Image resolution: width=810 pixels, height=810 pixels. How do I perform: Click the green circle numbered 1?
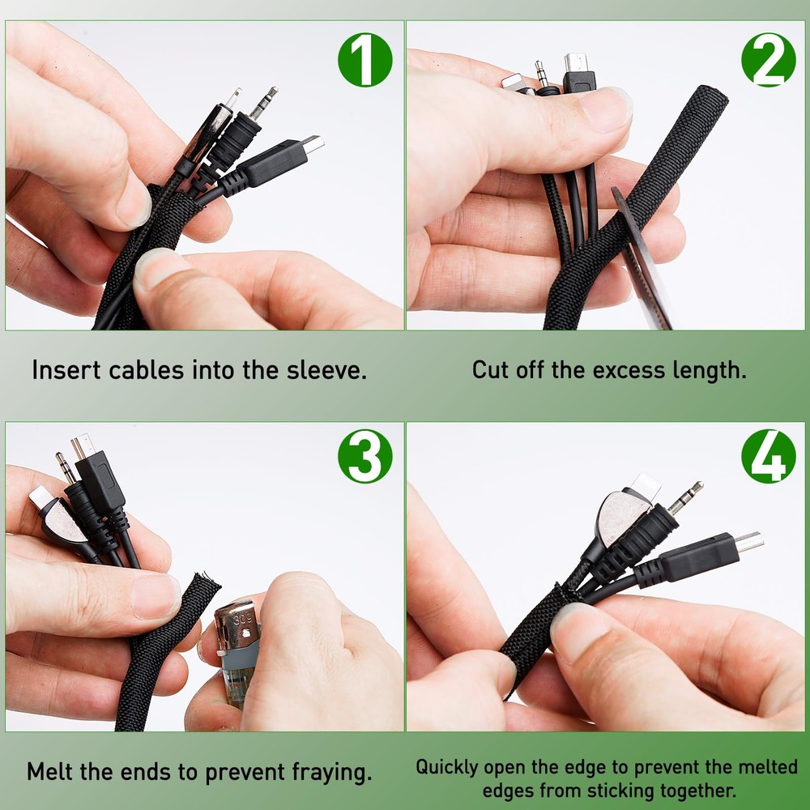[365, 60]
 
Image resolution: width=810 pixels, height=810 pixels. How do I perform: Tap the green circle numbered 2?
[769, 60]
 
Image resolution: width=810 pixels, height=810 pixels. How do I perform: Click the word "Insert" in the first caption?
[66, 370]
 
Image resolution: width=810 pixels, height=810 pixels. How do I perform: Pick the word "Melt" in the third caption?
[50, 772]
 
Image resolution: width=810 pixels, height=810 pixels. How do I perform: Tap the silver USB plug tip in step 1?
[313, 144]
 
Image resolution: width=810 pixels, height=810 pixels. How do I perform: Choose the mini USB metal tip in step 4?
[749, 541]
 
